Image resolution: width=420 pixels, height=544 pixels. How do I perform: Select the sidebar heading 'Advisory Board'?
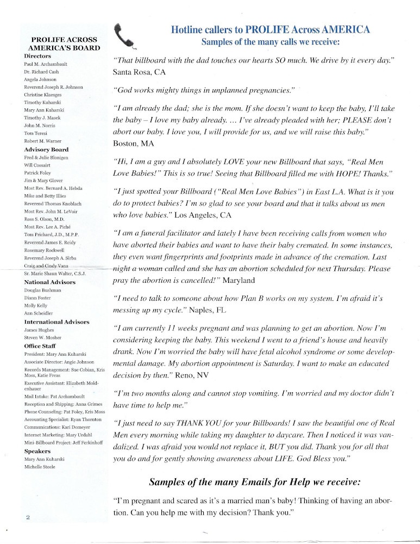click(47, 150)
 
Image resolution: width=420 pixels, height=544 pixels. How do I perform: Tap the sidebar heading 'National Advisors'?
click(50, 282)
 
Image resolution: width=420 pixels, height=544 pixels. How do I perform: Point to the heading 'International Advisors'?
click(57, 322)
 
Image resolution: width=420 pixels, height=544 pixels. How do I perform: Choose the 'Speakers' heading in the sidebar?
click(37, 451)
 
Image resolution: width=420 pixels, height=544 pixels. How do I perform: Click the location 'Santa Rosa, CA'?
click(139, 71)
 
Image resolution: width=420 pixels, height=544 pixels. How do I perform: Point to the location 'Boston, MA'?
click(134, 144)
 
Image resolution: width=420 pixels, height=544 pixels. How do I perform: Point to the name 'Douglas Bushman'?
click(43, 290)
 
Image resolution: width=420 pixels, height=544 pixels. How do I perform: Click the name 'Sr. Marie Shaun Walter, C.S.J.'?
click(56, 273)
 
